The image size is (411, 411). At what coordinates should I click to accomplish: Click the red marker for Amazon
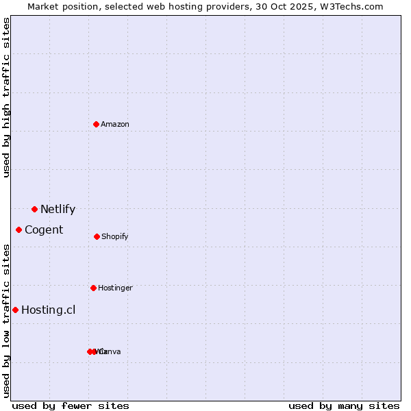click(96, 124)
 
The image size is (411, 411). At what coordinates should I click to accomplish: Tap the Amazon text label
click(115, 124)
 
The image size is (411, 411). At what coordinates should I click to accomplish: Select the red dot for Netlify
click(34, 209)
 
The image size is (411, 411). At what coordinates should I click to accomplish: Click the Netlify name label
click(58, 210)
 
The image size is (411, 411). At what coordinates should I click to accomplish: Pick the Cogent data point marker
click(18, 229)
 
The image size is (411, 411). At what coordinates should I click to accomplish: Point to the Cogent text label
click(44, 230)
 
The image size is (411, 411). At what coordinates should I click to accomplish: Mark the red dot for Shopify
click(97, 236)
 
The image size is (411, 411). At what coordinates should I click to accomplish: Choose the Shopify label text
click(115, 237)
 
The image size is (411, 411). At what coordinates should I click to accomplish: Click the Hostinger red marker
click(93, 288)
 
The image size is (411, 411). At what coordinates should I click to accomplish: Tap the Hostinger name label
click(115, 288)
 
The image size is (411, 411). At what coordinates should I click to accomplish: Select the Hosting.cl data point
click(15, 310)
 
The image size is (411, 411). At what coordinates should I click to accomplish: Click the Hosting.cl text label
click(48, 310)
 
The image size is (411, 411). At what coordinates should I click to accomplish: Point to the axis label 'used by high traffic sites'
click(7, 97)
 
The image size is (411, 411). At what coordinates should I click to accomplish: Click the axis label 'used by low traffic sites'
click(7, 321)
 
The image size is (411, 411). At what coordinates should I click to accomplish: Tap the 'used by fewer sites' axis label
click(71, 406)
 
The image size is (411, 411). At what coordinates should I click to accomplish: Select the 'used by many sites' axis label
click(344, 406)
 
